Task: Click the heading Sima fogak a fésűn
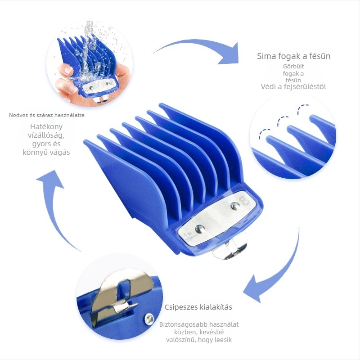[x=293, y=56]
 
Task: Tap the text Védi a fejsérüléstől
[x=293, y=86]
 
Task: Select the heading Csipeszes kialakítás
[x=198, y=307]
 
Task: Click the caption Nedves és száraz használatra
[x=47, y=115]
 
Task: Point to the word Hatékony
[x=46, y=127]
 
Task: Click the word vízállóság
[x=46, y=135]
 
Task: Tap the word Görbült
[x=293, y=67]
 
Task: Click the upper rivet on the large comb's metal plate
[x=234, y=206]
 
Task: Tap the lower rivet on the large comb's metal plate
[x=199, y=229]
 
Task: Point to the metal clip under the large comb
[x=229, y=250]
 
